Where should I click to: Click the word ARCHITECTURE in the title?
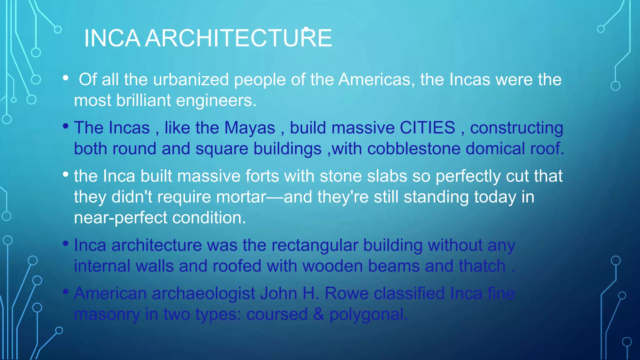[238, 38]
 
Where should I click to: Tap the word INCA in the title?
[112, 38]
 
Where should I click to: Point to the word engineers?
[216, 100]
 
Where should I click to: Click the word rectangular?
[314, 245]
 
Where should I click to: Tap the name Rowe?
[346, 293]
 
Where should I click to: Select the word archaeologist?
[203, 294]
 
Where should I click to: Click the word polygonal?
[368, 314]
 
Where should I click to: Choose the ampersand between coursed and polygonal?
[318, 314]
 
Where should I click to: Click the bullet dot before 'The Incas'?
[65, 126]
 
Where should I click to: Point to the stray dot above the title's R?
[306, 29]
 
